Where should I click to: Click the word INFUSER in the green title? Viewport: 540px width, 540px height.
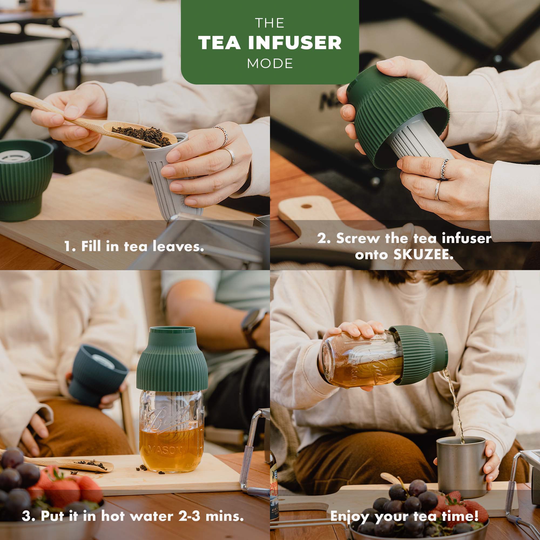tap(295, 43)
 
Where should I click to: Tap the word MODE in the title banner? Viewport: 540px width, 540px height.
tap(270, 64)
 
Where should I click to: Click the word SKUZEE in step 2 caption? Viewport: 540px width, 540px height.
tap(423, 254)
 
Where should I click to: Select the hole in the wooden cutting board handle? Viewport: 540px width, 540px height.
tap(306, 206)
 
